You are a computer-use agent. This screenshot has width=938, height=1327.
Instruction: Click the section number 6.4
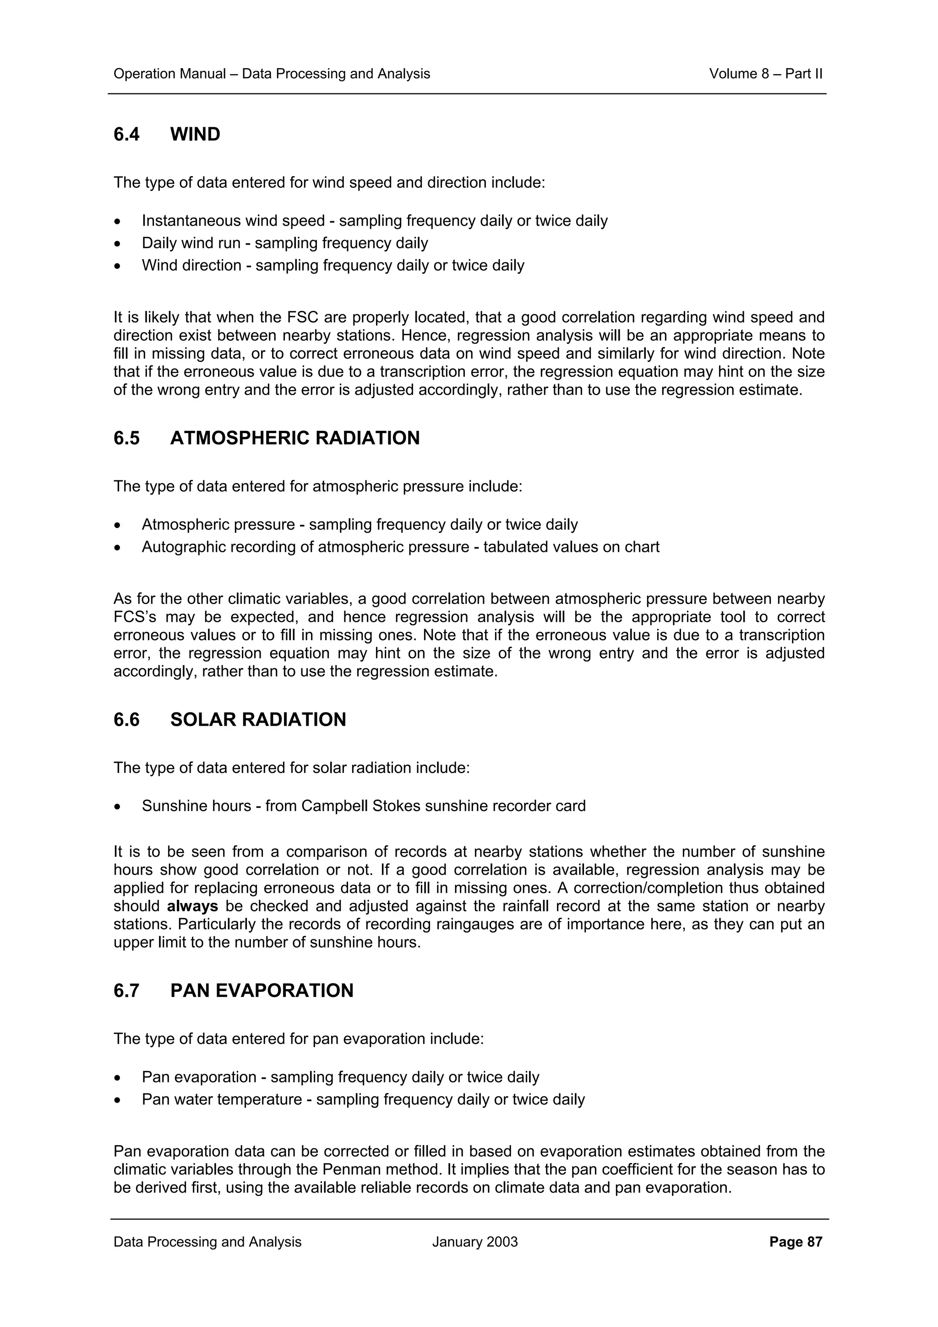coord(126,135)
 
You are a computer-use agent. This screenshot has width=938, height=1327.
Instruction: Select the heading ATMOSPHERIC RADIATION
coord(295,438)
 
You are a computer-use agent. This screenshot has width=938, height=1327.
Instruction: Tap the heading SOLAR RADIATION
coord(258,719)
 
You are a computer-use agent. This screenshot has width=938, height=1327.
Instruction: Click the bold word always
coord(192,906)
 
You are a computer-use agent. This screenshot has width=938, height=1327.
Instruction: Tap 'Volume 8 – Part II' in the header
coord(765,74)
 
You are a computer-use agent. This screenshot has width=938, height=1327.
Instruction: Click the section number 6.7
coord(126,990)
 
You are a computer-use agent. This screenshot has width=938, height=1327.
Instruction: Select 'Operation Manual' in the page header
coord(169,74)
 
